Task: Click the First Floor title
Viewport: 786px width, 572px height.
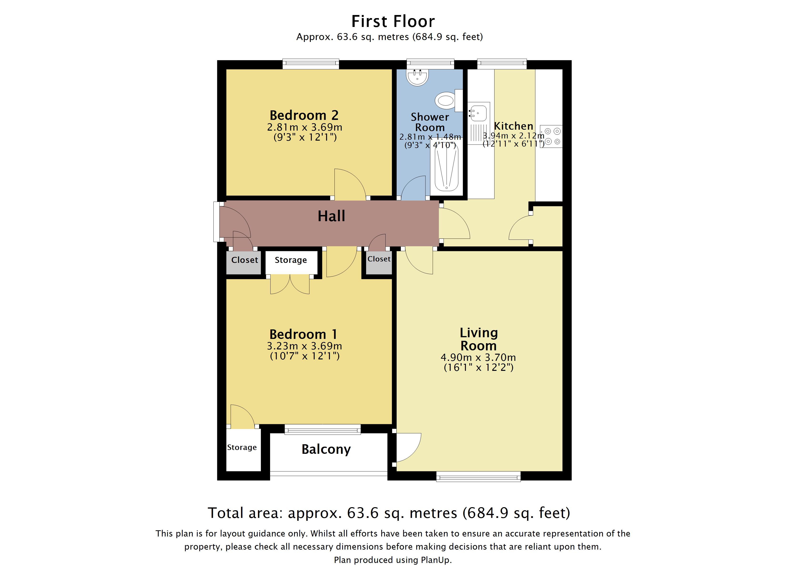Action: click(x=393, y=21)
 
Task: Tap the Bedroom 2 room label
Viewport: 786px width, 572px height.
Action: click(x=304, y=115)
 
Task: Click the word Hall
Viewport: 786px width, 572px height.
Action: click(x=331, y=216)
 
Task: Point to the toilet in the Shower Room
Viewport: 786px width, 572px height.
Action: click(x=445, y=101)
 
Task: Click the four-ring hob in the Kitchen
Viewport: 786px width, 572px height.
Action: click(x=552, y=136)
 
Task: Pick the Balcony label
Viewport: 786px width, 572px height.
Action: click(x=326, y=449)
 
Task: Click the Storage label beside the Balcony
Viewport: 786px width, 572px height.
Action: click(x=242, y=448)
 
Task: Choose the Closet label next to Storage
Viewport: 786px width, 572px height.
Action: click(x=245, y=260)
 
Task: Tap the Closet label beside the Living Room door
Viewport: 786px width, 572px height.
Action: click(x=379, y=259)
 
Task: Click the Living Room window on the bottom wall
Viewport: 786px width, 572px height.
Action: click(x=478, y=477)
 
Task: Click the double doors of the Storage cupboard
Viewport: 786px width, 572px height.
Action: click(x=290, y=284)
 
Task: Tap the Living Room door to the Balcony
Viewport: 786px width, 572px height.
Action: click(x=408, y=448)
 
